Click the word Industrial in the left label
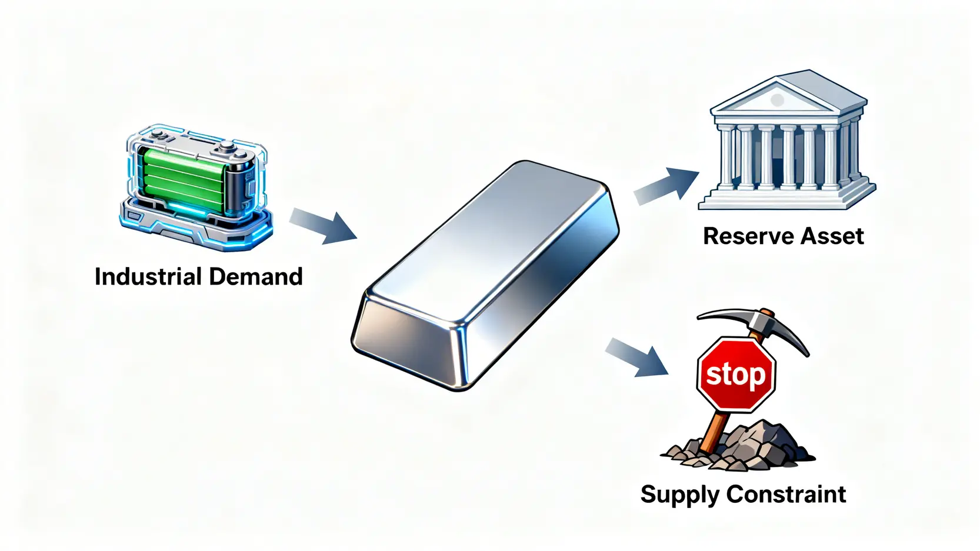(x=147, y=276)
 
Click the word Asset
(x=832, y=236)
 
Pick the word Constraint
(x=786, y=494)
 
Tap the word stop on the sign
(x=735, y=375)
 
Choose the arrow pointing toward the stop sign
(x=638, y=356)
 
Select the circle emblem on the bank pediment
(x=777, y=100)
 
